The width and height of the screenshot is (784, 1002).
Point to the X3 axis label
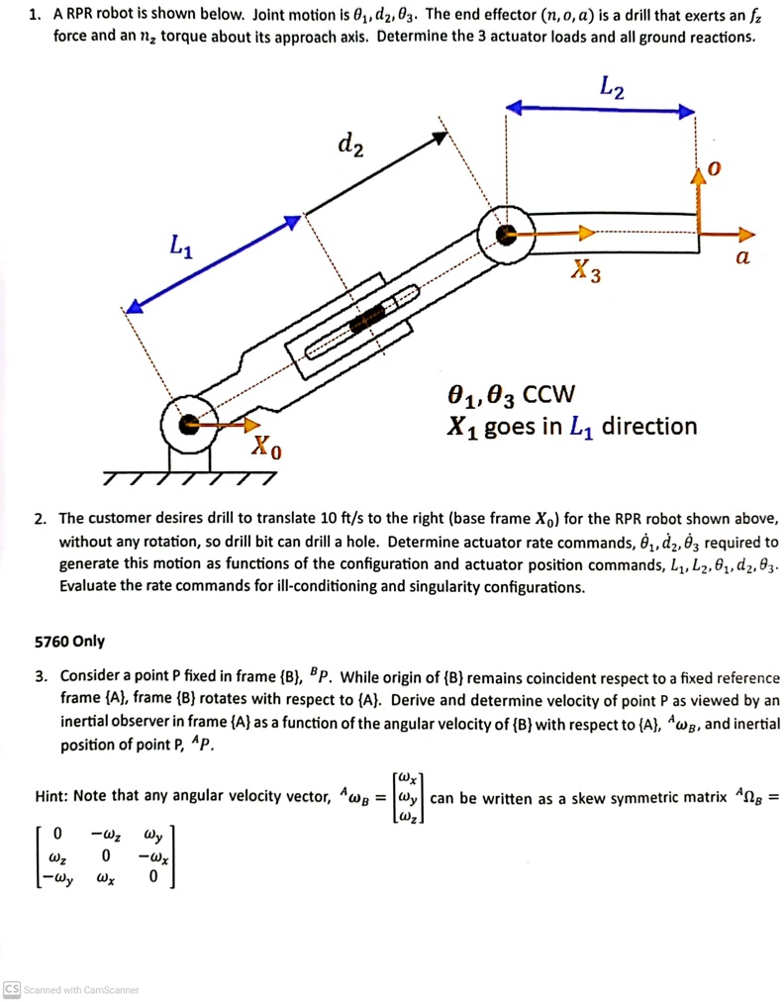pyautogui.click(x=586, y=269)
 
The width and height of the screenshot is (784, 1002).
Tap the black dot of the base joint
pyautogui.click(x=188, y=425)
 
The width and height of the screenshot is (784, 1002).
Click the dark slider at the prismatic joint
pyautogui.click(x=370, y=318)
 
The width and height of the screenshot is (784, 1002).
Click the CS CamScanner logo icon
pyautogui.click(x=11, y=989)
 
